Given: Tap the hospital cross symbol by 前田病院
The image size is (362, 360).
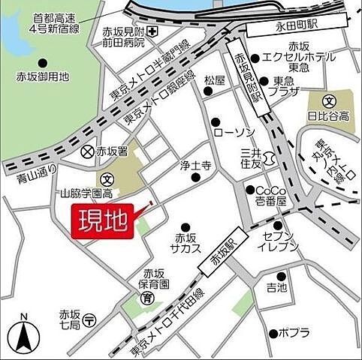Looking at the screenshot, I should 152,31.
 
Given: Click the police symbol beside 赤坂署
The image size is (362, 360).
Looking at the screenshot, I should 88,151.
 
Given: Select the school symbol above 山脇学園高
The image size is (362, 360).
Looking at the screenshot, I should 107,180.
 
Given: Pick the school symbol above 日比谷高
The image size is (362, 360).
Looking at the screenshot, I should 328,101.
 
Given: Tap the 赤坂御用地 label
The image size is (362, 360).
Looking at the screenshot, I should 43,76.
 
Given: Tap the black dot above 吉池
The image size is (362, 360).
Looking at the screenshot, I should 281,275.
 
